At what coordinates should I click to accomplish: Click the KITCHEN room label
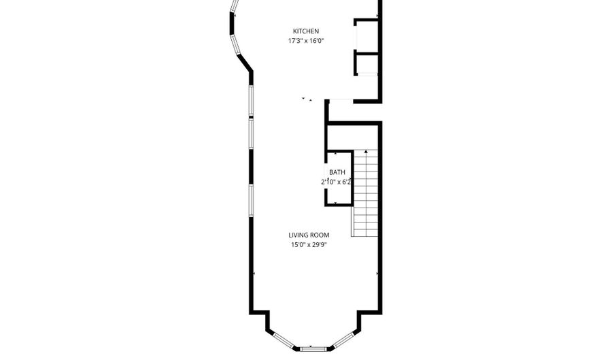click(x=306, y=31)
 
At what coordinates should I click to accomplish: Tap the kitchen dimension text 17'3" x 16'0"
click(x=306, y=41)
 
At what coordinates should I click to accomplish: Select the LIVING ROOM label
click(x=309, y=235)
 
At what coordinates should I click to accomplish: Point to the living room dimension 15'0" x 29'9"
click(x=309, y=245)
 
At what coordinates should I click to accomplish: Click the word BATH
click(x=337, y=172)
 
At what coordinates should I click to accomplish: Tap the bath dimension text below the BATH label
click(x=337, y=182)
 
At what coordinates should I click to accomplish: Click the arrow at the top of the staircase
click(x=366, y=151)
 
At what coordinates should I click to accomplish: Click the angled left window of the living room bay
click(x=284, y=340)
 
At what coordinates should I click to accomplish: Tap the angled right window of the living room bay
click(x=344, y=340)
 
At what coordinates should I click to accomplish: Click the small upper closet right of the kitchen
click(x=367, y=35)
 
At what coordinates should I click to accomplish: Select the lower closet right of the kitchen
click(x=367, y=64)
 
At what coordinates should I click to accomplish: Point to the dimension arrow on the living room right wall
click(x=377, y=274)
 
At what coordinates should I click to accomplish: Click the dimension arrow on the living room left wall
click(x=254, y=274)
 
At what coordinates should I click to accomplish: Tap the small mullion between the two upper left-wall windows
click(x=252, y=117)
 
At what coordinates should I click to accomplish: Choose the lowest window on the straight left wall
click(x=252, y=201)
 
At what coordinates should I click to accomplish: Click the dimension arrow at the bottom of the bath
click(x=336, y=203)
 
